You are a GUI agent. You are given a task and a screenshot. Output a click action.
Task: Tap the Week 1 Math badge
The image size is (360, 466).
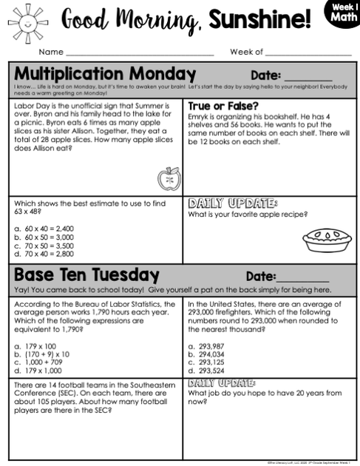(342, 13)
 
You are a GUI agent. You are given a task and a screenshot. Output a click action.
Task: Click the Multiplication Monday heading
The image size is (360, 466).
(105, 74)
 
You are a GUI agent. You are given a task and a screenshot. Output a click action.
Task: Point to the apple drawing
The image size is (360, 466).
(169, 178)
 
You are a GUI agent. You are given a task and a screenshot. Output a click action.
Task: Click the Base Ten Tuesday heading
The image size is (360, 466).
(86, 274)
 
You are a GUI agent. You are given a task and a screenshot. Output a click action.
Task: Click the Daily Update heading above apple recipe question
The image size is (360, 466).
(233, 203)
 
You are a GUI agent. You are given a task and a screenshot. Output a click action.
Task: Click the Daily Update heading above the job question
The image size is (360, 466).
(222, 383)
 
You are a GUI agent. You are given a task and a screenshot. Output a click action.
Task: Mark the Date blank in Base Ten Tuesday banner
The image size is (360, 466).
(302, 277)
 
